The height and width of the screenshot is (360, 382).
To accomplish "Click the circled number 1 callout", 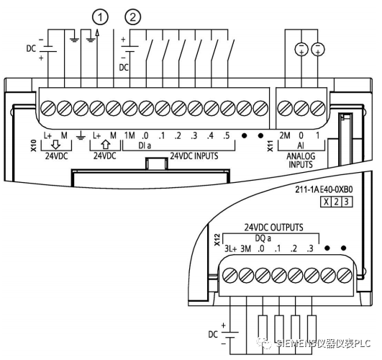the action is pyautogui.click(x=100, y=17).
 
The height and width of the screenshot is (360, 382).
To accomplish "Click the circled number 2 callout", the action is pyautogui.click(x=133, y=17).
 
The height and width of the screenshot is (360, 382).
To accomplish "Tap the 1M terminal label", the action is pyautogui.click(x=129, y=135).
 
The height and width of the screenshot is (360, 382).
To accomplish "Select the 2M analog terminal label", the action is pyautogui.click(x=285, y=135).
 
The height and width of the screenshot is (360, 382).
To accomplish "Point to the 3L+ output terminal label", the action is pyautogui.click(x=230, y=249).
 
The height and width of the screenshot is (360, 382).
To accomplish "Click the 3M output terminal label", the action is pyautogui.click(x=246, y=249).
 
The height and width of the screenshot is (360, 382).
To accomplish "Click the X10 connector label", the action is pyautogui.click(x=34, y=145).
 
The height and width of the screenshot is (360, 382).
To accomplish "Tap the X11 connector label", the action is pyautogui.click(x=270, y=145).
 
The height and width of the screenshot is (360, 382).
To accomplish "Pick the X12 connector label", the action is pyautogui.click(x=217, y=240).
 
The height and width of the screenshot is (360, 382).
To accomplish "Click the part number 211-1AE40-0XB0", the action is pyautogui.click(x=324, y=189).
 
